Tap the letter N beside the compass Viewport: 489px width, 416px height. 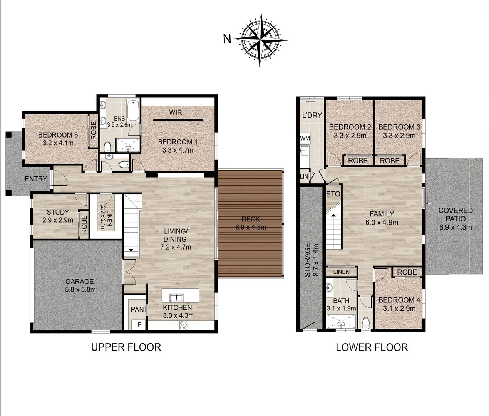tap(227, 39)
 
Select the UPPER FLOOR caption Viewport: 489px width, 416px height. tap(126, 347)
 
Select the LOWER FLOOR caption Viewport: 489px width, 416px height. tap(372, 347)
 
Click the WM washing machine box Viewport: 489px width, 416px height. tap(305, 138)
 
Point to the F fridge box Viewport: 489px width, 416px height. tap(139, 325)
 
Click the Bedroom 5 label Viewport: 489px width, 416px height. tap(58, 135)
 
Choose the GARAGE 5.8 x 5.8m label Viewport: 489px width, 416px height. tap(80, 285)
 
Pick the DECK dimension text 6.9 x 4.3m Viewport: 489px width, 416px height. tap(251, 227)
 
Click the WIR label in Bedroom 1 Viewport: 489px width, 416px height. tap(176, 112)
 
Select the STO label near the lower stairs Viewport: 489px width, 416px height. tap(333, 194)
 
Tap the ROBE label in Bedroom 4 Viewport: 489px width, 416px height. tap(407, 272)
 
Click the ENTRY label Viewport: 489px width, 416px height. tap(36, 179)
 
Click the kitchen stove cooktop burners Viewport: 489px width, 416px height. tap(184, 325)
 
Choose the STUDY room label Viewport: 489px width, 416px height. tap(58, 212)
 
